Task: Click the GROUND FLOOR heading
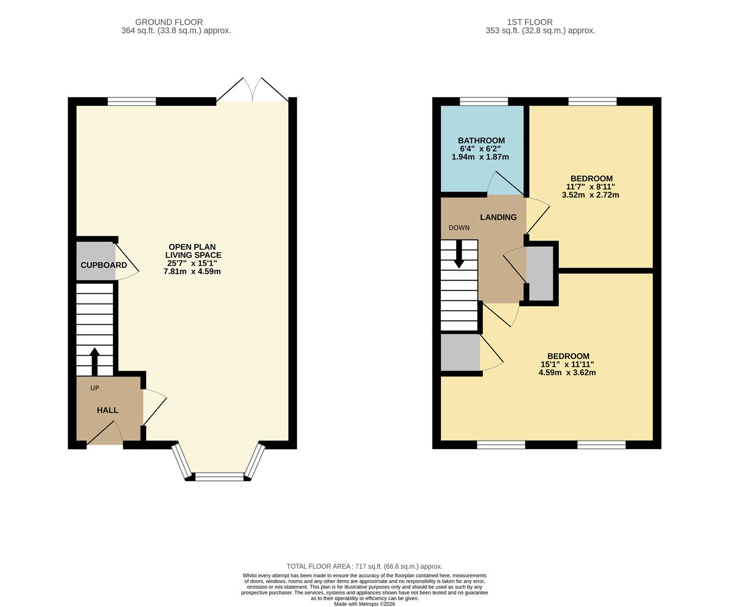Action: click(x=176, y=22)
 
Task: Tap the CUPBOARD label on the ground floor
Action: click(x=103, y=265)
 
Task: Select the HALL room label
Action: click(x=107, y=410)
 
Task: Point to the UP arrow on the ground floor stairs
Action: click(x=94, y=362)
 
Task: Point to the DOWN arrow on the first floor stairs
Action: click(x=459, y=254)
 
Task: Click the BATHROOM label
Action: click(x=481, y=141)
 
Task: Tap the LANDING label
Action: click(x=498, y=217)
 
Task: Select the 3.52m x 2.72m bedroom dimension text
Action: click(x=590, y=195)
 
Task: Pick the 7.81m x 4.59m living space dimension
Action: click(x=192, y=271)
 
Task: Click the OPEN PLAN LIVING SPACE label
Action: click(x=192, y=251)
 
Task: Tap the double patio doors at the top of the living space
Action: click(x=253, y=91)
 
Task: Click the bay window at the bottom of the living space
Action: click(x=219, y=477)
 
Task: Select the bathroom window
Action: click(x=484, y=102)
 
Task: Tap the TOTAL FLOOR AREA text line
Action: click(x=364, y=567)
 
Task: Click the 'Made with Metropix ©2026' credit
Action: click(x=364, y=604)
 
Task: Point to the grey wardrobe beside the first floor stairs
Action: click(x=460, y=353)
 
